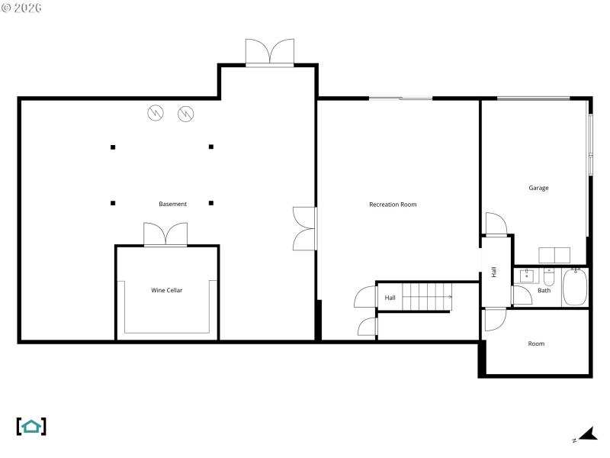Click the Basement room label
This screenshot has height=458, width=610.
172,204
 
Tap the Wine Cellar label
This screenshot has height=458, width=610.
166,290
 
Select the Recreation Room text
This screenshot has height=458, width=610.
393,205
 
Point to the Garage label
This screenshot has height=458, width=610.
538,188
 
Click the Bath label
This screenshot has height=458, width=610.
544,291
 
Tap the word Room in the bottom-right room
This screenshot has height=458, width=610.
536,343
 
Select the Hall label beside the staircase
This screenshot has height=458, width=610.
390,298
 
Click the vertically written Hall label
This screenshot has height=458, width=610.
494,272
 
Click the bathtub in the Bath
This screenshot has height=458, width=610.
574,288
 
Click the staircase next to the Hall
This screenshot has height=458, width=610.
427,296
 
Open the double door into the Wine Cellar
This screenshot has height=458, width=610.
165,234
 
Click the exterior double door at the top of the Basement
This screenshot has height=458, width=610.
269,52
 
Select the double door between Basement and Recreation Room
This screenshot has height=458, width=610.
304,227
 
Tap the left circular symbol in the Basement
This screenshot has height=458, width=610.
156,114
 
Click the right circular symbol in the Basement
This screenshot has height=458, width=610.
185,114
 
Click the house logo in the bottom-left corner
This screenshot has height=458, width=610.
31,426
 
